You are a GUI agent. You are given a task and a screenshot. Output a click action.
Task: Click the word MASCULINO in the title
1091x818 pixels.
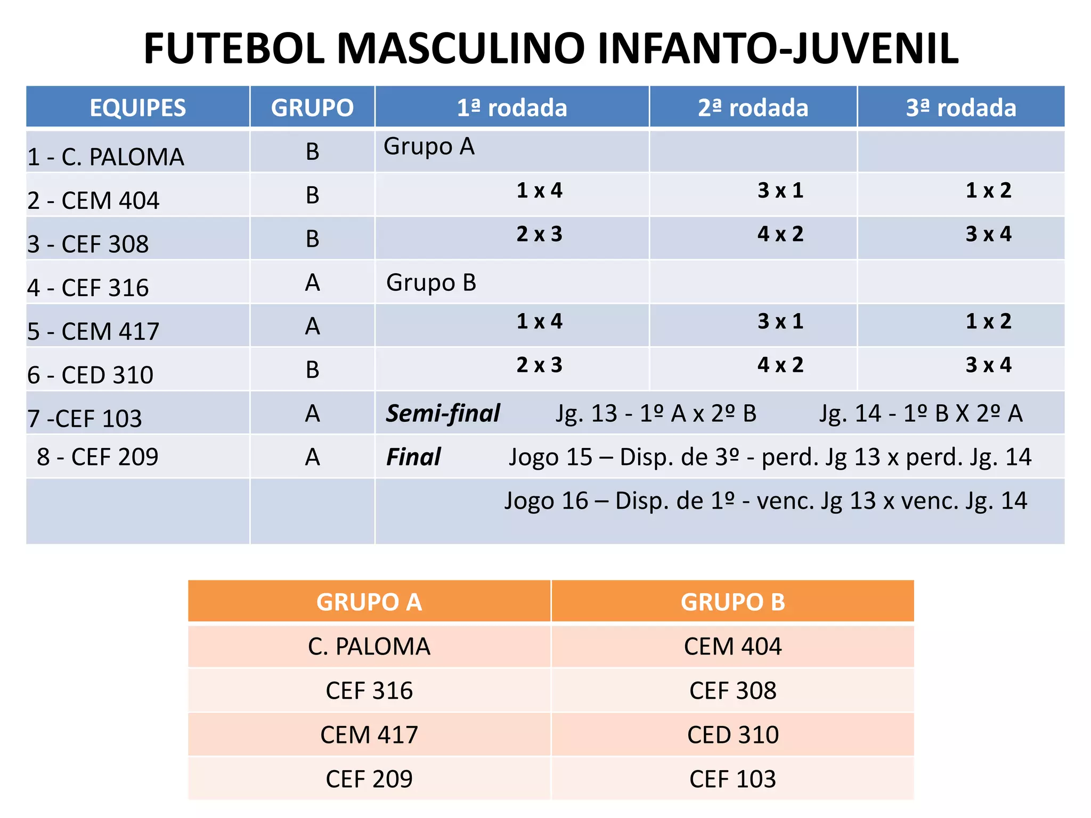(462, 48)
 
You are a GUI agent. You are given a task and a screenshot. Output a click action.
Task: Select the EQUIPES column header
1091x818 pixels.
(137, 108)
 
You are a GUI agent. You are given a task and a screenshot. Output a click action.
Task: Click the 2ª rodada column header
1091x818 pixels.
(753, 108)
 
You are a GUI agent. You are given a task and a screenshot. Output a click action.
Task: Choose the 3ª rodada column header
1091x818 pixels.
(960, 108)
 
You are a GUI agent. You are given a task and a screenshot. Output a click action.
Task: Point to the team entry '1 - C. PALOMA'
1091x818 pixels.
(105, 157)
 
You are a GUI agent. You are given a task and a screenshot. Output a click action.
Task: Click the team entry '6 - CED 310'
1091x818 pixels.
(90, 375)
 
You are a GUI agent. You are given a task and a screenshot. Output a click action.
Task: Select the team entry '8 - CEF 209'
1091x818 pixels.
(97, 457)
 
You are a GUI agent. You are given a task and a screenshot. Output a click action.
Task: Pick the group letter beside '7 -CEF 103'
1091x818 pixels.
(312, 414)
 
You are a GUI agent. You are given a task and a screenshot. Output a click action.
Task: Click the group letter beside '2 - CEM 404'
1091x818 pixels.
(312, 195)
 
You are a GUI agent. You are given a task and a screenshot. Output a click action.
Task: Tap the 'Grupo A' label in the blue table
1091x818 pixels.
(429, 146)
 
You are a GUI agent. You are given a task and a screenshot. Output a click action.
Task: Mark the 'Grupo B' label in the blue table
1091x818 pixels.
(431, 283)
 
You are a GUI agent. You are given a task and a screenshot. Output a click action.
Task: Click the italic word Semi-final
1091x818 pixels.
(443, 414)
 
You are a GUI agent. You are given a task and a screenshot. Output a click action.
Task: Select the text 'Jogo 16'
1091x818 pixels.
(546, 501)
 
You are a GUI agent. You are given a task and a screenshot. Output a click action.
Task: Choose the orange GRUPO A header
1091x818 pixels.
(369, 602)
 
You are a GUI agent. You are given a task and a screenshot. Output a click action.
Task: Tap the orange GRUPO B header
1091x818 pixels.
(732, 602)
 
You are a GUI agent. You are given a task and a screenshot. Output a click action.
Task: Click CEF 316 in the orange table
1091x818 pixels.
(369, 691)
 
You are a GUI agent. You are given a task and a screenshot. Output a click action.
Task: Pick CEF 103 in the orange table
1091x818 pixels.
(732, 779)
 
